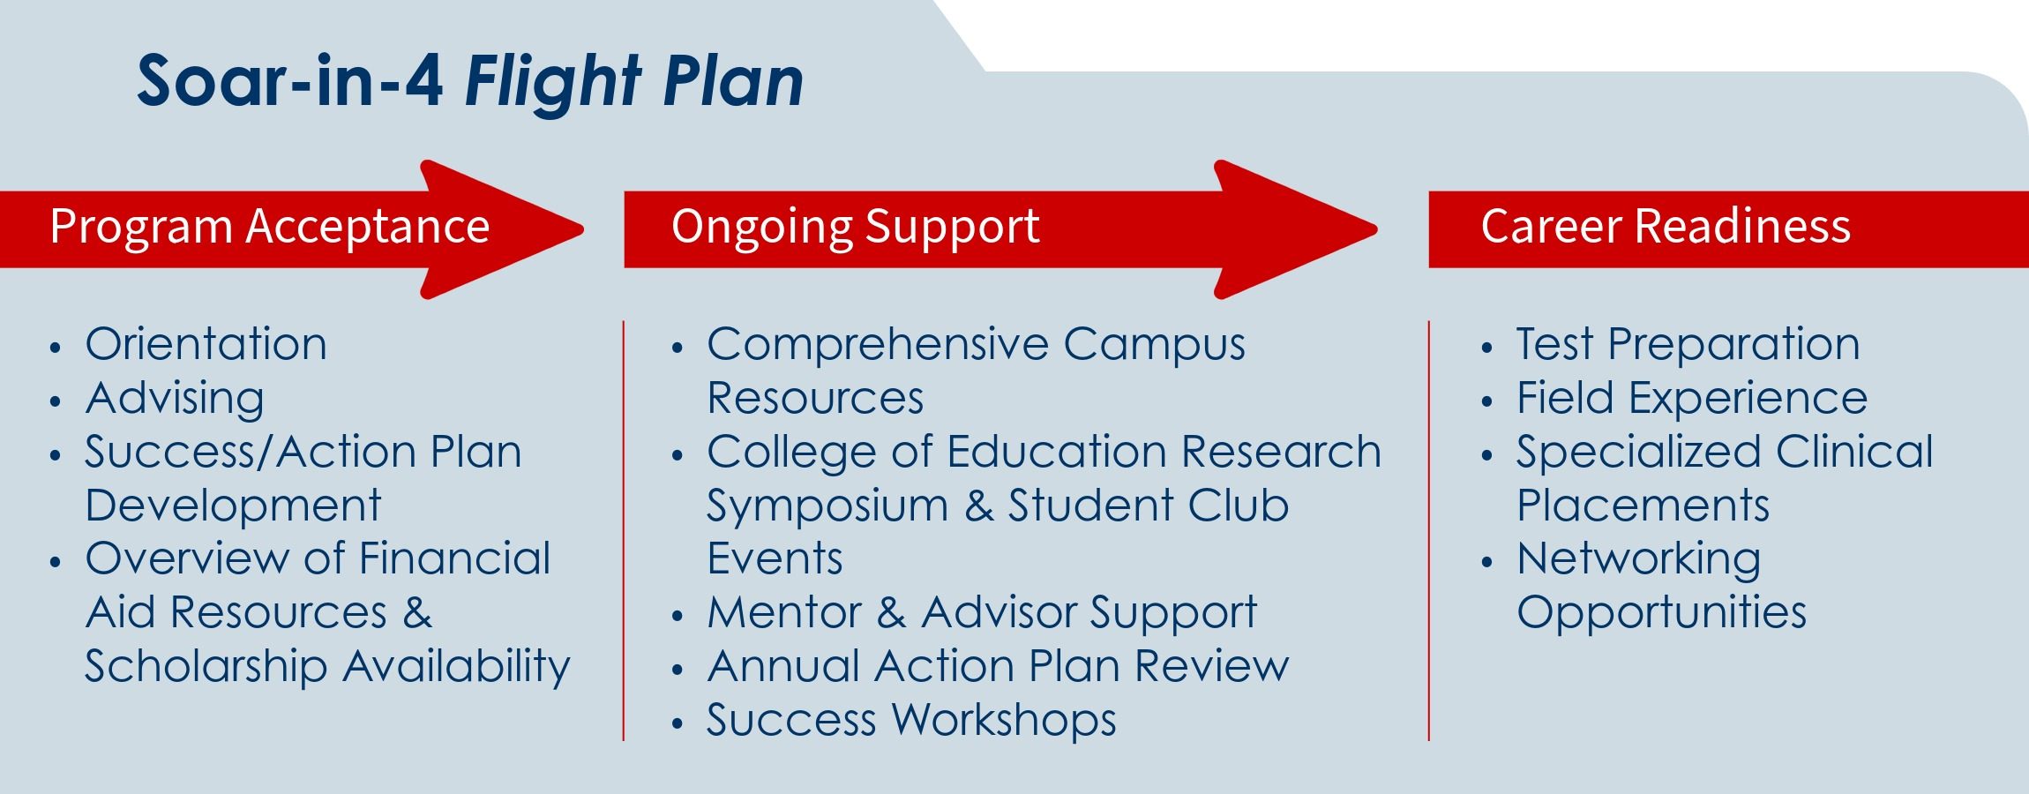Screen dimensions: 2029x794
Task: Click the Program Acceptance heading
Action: point(270,226)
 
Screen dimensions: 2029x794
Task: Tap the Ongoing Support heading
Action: point(856,226)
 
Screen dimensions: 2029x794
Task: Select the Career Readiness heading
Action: point(1666,226)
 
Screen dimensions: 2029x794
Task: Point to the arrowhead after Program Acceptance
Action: point(503,229)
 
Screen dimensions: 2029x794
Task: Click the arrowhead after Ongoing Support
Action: point(1296,229)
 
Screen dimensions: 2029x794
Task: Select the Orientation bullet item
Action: point(206,344)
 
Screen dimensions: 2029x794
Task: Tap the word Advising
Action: point(175,398)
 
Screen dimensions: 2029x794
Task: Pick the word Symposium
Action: point(827,506)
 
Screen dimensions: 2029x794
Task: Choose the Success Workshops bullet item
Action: point(911,720)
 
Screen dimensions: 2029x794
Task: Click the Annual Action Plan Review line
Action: point(998,666)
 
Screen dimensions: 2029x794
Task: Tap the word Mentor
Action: point(784,612)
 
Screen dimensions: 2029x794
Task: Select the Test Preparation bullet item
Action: point(1688,344)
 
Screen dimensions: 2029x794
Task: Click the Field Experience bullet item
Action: point(1692,398)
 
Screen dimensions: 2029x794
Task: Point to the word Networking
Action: point(1639,559)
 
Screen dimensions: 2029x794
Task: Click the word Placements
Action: point(1643,506)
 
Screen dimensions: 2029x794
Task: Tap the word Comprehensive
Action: point(878,344)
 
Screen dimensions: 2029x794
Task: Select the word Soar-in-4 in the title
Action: point(290,81)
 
